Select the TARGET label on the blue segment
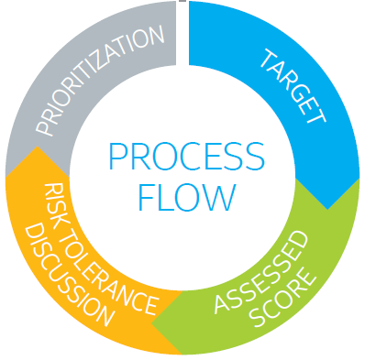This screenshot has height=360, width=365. pyautogui.click(x=293, y=88)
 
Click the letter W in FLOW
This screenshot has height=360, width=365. pyautogui.click(x=219, y=195)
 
